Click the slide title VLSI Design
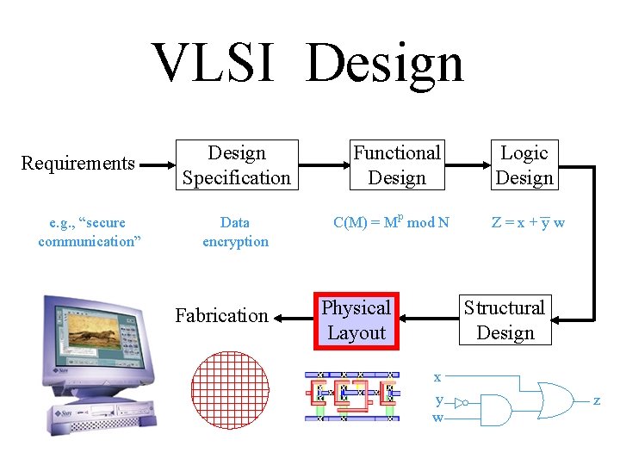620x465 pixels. [308, 64]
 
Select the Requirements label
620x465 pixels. [77, 164]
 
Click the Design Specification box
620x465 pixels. [237, 165]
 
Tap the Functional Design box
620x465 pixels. [397, 165]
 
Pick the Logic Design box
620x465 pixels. [524, 165]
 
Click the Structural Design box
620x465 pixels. [505, 320]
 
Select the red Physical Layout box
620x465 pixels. [356, 320]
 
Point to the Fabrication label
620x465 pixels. [222, 316]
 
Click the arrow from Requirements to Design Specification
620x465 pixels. [158, 164]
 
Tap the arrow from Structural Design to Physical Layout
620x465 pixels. [428, 318]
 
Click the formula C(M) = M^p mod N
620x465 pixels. [391, 223]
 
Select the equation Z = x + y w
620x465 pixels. [528, 223]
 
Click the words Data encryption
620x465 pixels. [235, 232]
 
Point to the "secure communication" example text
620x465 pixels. [90, 232]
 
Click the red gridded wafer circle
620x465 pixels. [230, 390]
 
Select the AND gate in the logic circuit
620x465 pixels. [495, 410]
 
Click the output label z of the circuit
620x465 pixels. [596, 401]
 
